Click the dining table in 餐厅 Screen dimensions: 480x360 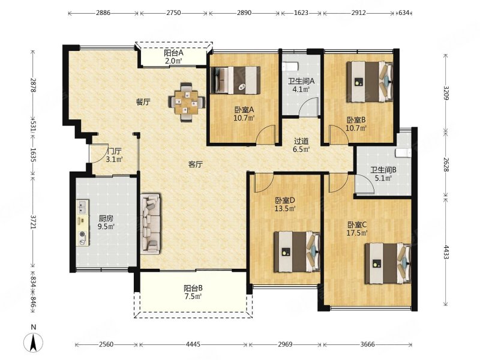pos(187,102)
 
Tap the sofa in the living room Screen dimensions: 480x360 pos(151,224)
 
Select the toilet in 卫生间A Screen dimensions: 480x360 pos(290,66)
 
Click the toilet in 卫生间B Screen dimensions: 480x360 pos(403,153)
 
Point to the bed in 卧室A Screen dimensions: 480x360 pos(235,80)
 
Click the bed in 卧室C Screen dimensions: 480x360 pos(388,263)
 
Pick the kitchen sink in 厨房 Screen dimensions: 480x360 pos(82,207)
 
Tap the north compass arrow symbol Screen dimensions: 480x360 pos(34,342)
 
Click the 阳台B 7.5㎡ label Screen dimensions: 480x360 pos(193,292)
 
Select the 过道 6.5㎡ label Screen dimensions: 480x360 pos(301,145)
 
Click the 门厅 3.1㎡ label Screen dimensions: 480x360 pos(114,155)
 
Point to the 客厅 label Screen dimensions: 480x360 pos(195,164)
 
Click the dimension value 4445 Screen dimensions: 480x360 pos(193,344)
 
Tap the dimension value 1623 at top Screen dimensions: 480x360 pos(301,13)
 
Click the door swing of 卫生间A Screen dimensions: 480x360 pos(308,107)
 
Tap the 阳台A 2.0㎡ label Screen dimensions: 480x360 pos(174,56)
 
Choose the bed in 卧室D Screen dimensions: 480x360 pos(297,251)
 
